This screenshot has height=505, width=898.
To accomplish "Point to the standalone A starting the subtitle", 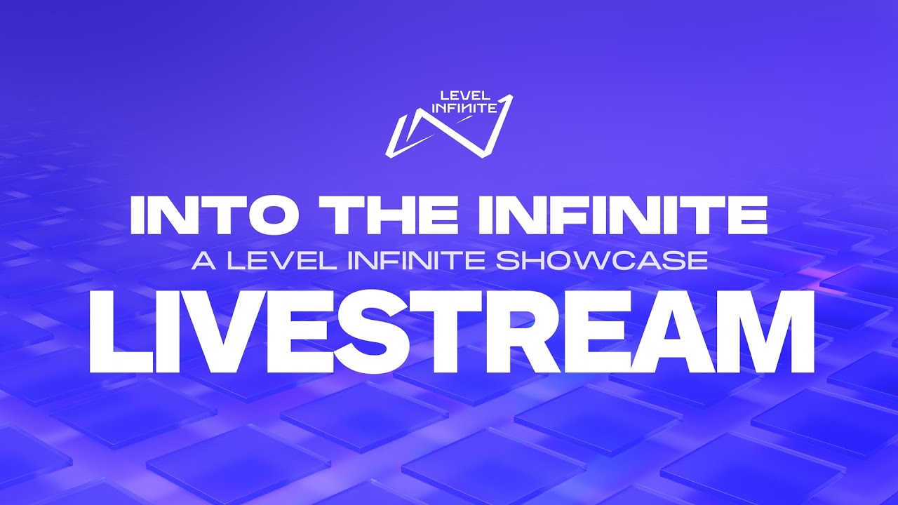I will point(201,261).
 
